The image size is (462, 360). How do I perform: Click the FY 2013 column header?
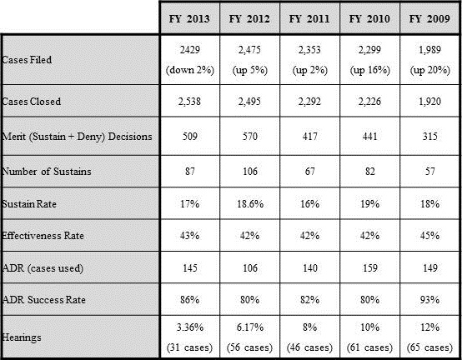[189, 19]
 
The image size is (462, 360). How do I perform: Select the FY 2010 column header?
[369, 19]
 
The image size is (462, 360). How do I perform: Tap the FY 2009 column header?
[429, 19]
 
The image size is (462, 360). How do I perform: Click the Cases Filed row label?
[27, 60]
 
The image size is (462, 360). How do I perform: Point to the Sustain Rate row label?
[29, 203]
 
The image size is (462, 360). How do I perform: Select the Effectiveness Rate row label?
[43, 236]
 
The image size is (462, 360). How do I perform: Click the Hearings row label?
[22, 337]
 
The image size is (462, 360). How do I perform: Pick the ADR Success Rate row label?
[43, 300]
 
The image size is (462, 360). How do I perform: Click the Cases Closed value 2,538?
[189, 102]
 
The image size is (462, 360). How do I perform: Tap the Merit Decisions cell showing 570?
[250, 137]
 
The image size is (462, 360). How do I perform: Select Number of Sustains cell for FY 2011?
[310, 171]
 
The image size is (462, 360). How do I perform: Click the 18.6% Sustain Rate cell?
[250, 203]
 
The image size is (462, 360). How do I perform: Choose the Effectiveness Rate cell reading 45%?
[429, 236]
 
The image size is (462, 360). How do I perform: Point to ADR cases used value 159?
[369, 267]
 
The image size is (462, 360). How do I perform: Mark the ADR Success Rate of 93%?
[429, 300]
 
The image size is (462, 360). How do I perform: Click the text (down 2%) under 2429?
[190, 70]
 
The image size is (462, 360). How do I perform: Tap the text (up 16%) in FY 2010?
[370, 70]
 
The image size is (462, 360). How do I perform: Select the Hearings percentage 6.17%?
[250, 327]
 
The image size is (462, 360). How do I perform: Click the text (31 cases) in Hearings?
[189, 347]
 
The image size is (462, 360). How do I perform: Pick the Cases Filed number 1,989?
[429, 49]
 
